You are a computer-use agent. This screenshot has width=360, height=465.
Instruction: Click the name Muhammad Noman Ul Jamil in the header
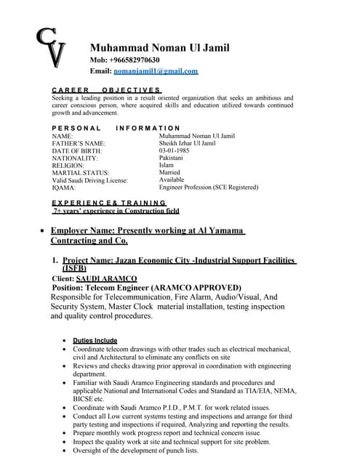(x=159, y=48)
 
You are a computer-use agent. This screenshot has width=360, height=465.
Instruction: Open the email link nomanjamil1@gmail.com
(x=156, y=71)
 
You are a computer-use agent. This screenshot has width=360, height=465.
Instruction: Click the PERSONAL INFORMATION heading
(x=116, y=128)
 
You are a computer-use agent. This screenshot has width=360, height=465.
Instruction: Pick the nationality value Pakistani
(x=171, y=158)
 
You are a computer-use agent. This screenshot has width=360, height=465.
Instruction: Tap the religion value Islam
(x=166, y=165)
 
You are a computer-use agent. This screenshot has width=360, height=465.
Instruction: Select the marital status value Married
(x=169, y=172)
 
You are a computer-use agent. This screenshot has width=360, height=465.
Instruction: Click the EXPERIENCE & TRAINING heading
(x=109, y=202)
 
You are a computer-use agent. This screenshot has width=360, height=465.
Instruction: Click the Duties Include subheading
(x=95, y=340)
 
